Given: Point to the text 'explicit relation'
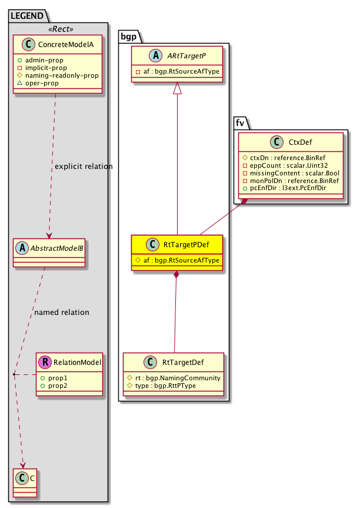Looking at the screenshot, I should pos(83,167).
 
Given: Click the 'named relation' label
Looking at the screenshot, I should pos(62,313).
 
